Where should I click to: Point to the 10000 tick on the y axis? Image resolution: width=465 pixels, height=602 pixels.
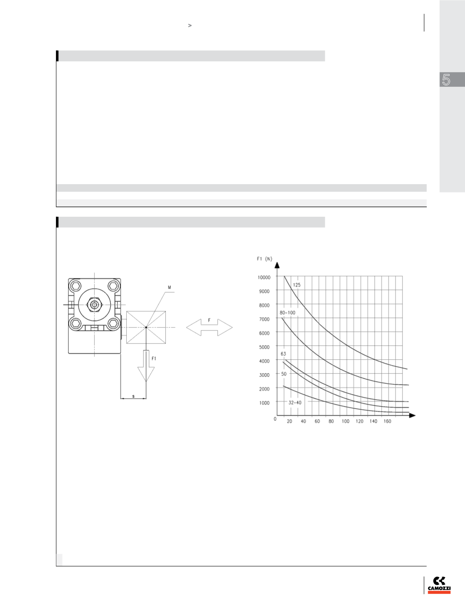pyautogui.click(x=264, y=277)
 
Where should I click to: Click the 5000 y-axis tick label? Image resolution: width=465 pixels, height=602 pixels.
pyautogui.click(x=264, y=347)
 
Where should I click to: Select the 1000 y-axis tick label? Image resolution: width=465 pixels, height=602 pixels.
pyautogui.click(x=264, y=403)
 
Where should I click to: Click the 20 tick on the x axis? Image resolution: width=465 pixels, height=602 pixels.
pyautogui.click(x=290, y=421)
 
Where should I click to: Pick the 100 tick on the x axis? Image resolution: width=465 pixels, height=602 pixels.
pyautogui.click(x=345, y=421)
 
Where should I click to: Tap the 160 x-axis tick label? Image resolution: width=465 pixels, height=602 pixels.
pyautogui.click(x=387, y=421)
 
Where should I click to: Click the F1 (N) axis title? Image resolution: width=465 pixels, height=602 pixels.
pyautogui.click(x=264, y=259)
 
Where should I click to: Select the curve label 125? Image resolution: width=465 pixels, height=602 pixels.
pyautogui.click(x=297, y=285)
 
